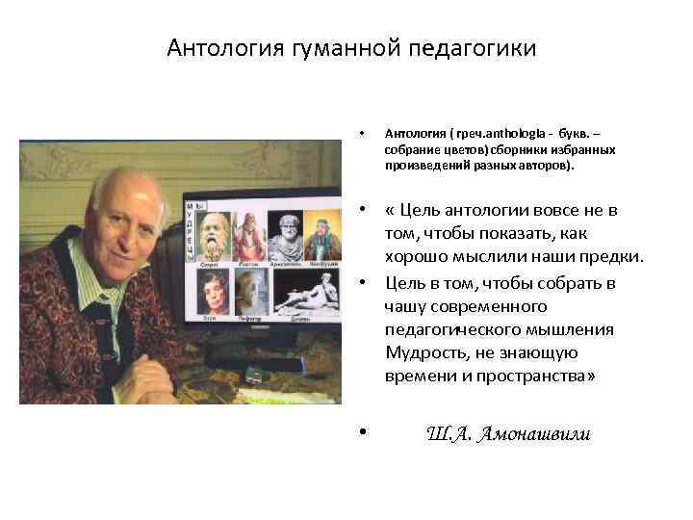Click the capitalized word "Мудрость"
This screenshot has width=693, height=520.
(x=423, y=352)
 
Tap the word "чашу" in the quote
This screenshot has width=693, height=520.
(x=404, y=306)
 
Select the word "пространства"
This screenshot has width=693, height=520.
(x=529, y=376)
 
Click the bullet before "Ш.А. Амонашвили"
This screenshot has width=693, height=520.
(x=362, y=432)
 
